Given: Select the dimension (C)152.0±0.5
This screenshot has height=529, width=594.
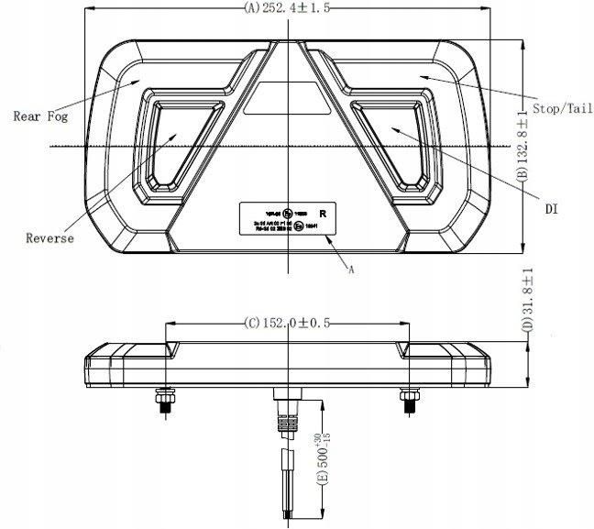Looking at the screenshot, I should pos(286,322).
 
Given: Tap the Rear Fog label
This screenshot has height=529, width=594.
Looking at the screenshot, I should pos(41,116).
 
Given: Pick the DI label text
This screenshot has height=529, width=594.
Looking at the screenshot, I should pos(551,209).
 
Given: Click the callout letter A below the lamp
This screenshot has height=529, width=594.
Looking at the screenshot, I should pos(351,269).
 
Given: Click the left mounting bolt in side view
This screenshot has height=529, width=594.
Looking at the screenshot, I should pos(164,401).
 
